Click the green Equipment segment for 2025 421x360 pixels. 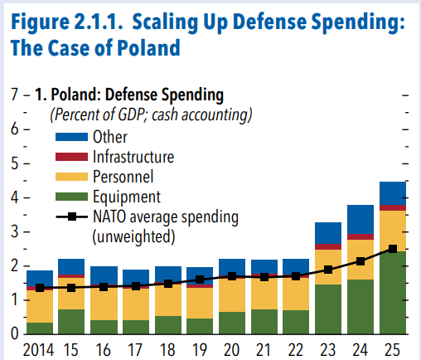(x=393, y=293)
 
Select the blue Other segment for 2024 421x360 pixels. (x=361, y=219)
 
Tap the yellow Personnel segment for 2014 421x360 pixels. (x=40, y=306)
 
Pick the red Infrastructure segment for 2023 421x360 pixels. (x=328, y=246)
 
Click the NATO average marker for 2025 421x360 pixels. (x=393, y=249)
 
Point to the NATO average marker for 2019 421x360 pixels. (x=200, y=280)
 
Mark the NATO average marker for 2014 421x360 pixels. (x=40, y=288)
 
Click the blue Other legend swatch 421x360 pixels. (x=71, y=137)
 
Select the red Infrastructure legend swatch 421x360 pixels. (x=71, y=157)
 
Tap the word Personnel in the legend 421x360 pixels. (x=123, y=177)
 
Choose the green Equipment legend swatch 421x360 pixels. (x=71, y=197)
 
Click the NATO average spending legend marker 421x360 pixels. (x=72, y=216)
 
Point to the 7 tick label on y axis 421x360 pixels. (x=14, y=95)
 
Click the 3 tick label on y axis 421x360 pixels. (x=14, y=231)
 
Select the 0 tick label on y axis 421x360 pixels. (x=14, y=333)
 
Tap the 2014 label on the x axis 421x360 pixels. (x=38, y=350)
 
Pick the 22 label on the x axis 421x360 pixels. (x=296, y=350)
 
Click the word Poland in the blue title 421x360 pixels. (x=148, y=48)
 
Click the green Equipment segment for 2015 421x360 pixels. (x=71, y=322)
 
